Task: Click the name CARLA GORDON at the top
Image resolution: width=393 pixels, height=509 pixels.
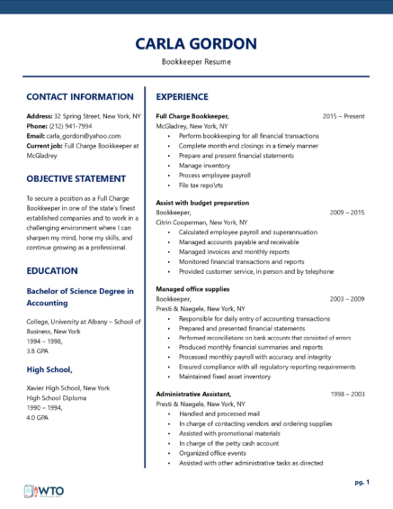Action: coord(196,43)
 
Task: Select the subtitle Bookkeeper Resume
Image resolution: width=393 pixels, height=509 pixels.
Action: coord(196,62)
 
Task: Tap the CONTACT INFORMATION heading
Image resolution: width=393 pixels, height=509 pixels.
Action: coord(79,96)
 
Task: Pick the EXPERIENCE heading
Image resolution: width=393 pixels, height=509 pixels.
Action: coord(182,96)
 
